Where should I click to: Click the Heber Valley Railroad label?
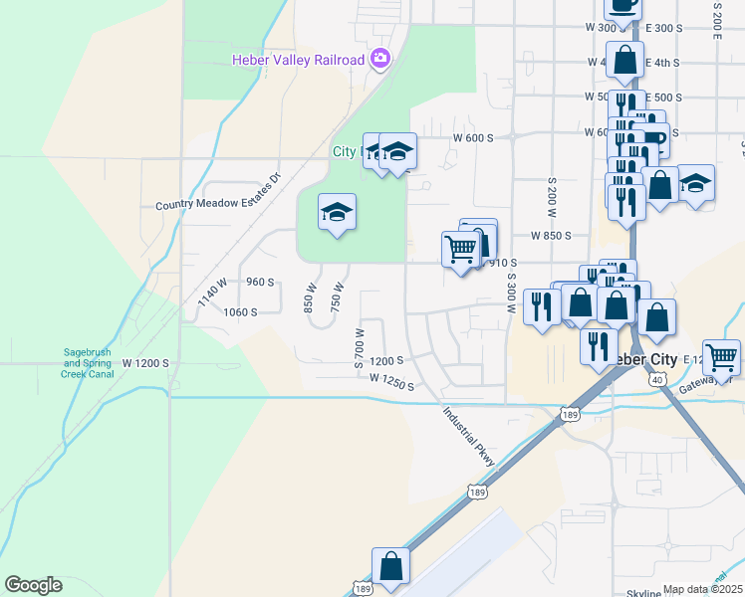point(298,60)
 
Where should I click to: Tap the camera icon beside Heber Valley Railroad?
point(379,60)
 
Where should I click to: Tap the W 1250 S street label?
point(390,379)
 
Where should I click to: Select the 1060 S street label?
point(240,311)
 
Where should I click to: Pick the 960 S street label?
point(259,282)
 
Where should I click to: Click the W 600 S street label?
point(473,137)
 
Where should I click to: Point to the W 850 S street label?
point(551,236)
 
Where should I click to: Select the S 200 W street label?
point(551,199)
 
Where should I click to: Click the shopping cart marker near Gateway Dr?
point(721,354)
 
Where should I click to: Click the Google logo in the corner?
point(33,585)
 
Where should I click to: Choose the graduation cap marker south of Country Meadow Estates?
point(338,212)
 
